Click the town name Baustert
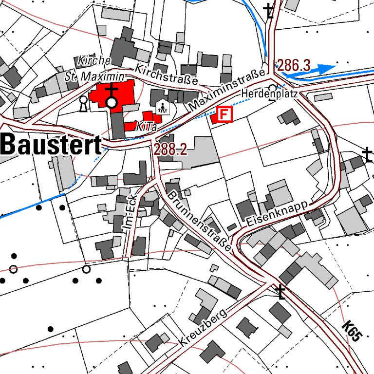pyautogui.click(x=51, y=145)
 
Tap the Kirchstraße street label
pyautogui.click(x=167, y=74)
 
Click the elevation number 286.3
pyautogui.click(x=294, y=65)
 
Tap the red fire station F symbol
pyautogui.click(x=224, y=114)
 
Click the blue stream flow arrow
pyautogui.click(x=322, y=68)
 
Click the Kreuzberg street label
pyautogui.click(x=204, y=328)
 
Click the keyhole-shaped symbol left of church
pyautogui.click(x=83, y=103)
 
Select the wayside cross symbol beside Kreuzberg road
pyautogui.click(x=280, y=292)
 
